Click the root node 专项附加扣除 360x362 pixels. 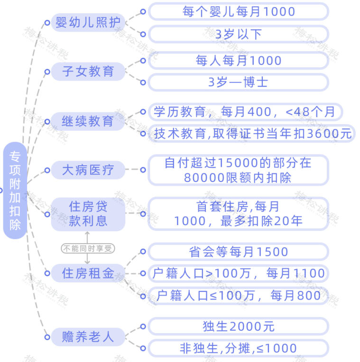pyautogui.click(x=15, y=190)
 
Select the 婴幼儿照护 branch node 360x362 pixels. pyautogui.click(x=88, y=22)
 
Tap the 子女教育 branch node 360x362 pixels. pyautogui.click(x=88, y=72)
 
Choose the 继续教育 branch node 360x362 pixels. pyautogui.click(x=88, y=121)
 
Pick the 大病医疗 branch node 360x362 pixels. pyautogui.click(x=88, y=170)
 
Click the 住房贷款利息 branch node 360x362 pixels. pyautogui.click(x=88, y=214)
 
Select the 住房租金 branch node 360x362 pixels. pyautogui.click(x=88, y=273)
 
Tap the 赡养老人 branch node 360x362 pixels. pyautogui.click(x=88, y=336)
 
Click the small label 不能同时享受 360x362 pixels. pyautogui.click(x=88, y=248)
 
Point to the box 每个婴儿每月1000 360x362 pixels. pyautogui.click(x=239, y=11)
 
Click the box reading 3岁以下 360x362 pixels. pyautogui.click(x=239, y=34)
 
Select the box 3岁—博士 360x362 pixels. pyautogui.click(x=239, y=82)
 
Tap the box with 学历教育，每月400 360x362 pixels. pyautogui.click(x=245, y=112)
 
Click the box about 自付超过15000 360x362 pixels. pyautogui.click(x=239, y=170)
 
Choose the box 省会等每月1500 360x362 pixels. pyautogui.click(x=239, y=252)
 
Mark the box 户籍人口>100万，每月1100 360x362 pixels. pyautogui.click(x=239, y=273)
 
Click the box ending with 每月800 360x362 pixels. pyautogui.click(x=239, y=296)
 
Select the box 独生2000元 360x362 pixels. pyautogui.click(x=239, y=326)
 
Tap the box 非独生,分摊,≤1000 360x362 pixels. pyautogui.click(x=239, y=348)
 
